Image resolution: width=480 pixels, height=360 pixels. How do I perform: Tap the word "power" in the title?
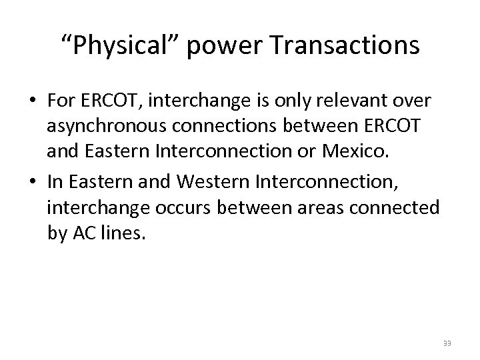click(x=219, y=46)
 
